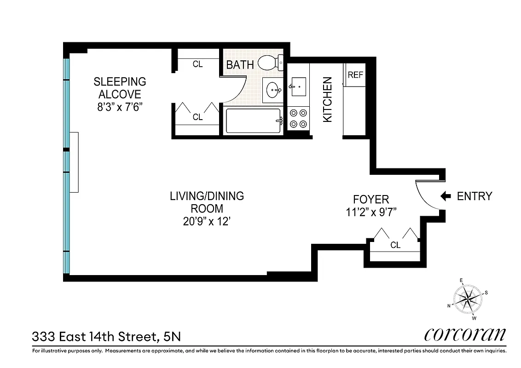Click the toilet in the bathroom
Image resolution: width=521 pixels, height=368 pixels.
click(x=270, y=63)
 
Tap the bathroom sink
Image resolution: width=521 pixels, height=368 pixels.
click(x=273, y=90)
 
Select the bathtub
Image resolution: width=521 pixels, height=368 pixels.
click(x=253, y=121)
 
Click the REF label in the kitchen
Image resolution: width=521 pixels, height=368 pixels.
click(x=355, y=75)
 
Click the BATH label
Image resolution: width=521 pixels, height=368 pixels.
click(x=240, y=65)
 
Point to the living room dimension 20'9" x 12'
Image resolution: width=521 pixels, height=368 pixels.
click(x=207, y=221)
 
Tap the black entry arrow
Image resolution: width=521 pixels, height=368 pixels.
click(x=445, y=196)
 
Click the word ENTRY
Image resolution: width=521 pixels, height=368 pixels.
click(x=474, y=196)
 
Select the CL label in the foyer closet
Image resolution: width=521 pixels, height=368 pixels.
click(x=395, y=245)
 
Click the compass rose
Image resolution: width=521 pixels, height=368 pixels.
click(x=467, y=299)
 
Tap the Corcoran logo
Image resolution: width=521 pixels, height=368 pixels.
click(x=465, y=334)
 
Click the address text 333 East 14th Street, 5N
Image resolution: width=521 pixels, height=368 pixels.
click(x=106, y=337)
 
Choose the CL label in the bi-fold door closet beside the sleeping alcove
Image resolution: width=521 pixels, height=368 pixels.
click(x=197, y=117)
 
